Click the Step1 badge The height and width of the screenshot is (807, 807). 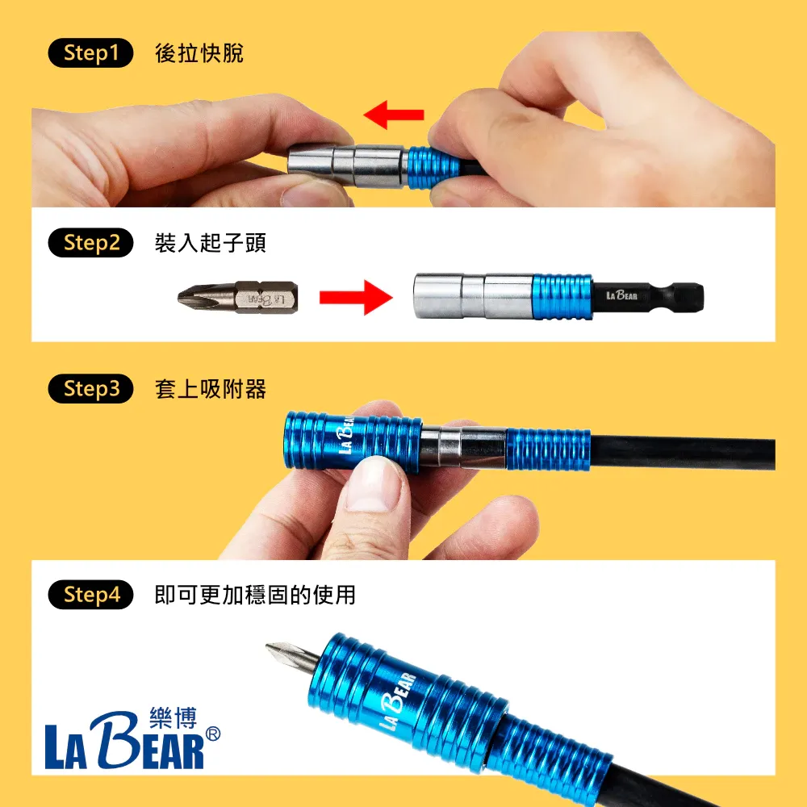click(90, 54)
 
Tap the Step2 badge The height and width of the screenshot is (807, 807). click(90, 243)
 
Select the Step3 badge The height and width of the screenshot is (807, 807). click(90, 390)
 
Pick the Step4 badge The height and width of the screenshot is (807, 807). click(90, 596)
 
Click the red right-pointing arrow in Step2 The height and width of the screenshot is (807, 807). click(354, 297)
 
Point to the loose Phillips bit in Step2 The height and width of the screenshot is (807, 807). click(237, 296)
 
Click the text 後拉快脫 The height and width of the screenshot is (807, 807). click(199, 54)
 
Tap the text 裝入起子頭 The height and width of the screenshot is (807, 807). click(210, 243)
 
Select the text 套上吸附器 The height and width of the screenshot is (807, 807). click(210, 390)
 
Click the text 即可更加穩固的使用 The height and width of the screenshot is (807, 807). click(254, 596)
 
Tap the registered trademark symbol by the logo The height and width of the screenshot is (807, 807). click(213, 734)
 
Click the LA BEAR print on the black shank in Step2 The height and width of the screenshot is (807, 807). click(621, 296)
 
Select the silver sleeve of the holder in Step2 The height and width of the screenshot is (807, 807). click(472, 296)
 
